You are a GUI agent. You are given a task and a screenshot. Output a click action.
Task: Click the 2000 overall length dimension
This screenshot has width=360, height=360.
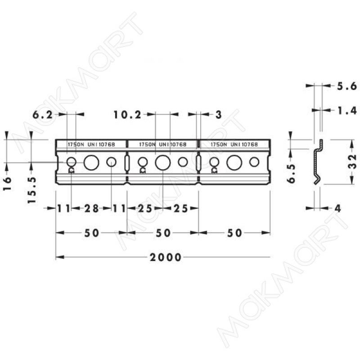(x=166, y=257)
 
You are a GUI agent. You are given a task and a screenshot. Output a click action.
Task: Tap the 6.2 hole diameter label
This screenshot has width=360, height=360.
(x=43, y=115)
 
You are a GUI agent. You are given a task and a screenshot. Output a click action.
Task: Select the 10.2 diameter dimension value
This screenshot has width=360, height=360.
(x=127, y=115)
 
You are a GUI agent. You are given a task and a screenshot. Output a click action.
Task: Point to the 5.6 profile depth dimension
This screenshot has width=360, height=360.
(x=346, y=86)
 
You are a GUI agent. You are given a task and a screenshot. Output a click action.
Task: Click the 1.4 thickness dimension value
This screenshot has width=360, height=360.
(x=346, y=111)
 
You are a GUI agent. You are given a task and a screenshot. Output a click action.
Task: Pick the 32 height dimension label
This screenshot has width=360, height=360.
(x=353, y=162)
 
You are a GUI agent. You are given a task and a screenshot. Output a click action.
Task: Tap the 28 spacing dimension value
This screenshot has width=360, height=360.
(x=91, y=208)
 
